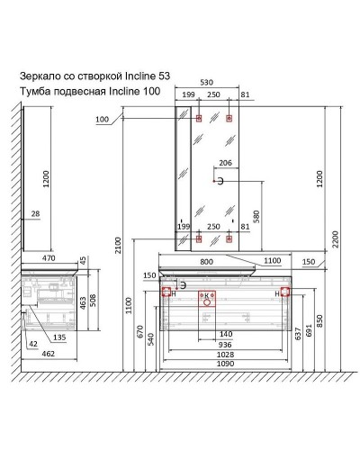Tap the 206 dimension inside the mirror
click(x=225, y=164)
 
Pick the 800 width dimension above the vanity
click(x=208, y=262)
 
